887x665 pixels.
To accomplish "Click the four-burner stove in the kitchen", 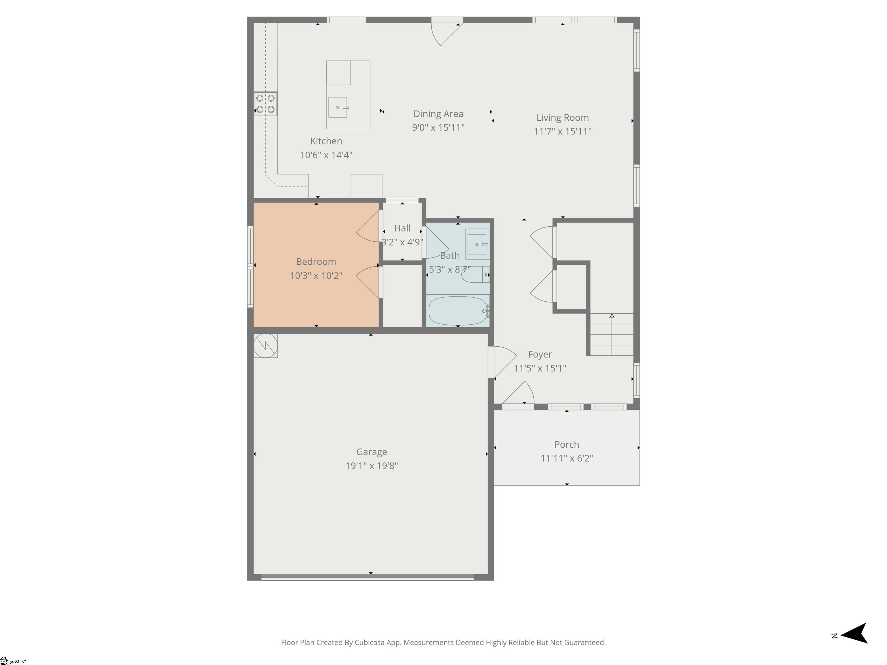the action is [x=265, y=104].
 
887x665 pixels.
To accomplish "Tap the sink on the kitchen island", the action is [x=338, y=107].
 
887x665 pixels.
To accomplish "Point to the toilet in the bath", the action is [x=476, y=274].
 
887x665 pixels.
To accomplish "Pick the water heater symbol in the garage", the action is [x=265, y=345].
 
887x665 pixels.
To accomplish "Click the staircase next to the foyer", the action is [x=612, y=334].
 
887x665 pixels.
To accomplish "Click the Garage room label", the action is [x=372, y=452].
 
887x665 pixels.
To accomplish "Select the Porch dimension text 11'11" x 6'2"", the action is [x=567, y=458].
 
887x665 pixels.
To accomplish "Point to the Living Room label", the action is [x=562, y=117].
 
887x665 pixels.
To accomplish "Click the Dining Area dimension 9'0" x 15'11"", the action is [x=438, y=128].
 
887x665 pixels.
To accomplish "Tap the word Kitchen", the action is [x=326, y=141].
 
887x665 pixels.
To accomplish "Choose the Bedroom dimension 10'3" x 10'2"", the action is [x=316, y=275].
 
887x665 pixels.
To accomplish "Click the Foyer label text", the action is [x=540, y=354].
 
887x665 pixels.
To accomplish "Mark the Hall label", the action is [x=402, y=228].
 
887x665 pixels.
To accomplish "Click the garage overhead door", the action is [x=367, y=578].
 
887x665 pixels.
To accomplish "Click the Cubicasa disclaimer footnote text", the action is [x=443, y=642].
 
